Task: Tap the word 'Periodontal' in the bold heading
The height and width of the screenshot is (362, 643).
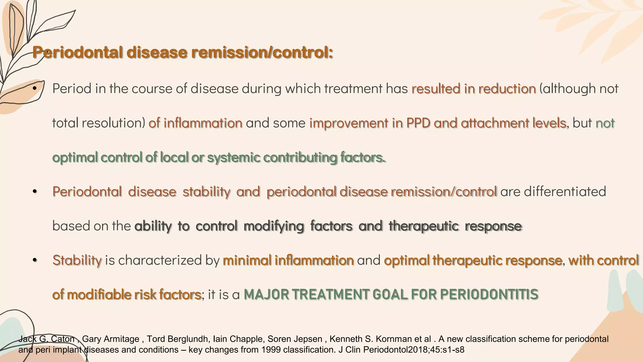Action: [77, 52]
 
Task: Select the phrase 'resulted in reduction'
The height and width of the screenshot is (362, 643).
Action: [473, 89]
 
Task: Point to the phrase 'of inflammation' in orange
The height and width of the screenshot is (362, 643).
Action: [195, 123]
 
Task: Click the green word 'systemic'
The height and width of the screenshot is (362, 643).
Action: [233, 157]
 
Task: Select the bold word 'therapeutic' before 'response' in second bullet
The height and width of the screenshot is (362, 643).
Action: [424, 226]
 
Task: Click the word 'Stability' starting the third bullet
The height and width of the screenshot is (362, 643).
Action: [77, 261]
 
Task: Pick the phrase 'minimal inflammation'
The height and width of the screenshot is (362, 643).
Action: [288, 261]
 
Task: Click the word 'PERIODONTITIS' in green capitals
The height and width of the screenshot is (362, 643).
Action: [489, 295]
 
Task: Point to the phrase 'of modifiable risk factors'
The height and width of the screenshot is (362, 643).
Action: [127, 295]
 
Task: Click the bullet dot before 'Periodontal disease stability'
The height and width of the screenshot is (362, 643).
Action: [35, 192]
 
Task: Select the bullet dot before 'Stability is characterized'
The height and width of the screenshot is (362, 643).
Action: [35, 261]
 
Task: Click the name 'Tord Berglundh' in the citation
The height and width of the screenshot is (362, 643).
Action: [177, 339]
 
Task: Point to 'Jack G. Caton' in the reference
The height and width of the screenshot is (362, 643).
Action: [46, 339]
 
